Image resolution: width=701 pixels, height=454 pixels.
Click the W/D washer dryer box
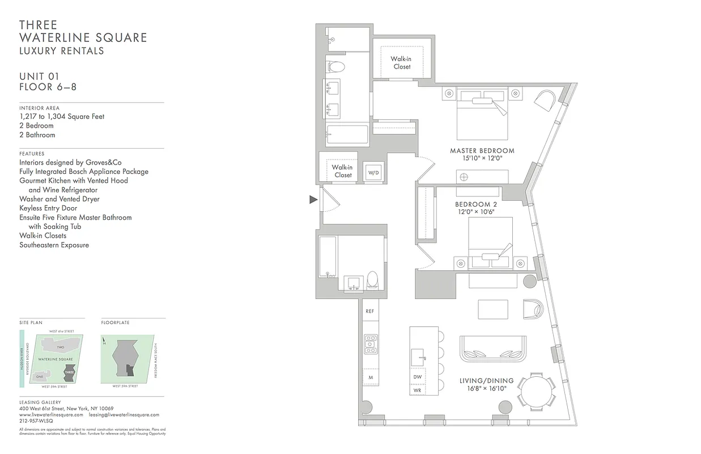(373, 172)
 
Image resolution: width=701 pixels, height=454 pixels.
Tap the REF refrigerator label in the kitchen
(369, 311)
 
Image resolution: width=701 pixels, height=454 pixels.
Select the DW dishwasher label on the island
(417, 376)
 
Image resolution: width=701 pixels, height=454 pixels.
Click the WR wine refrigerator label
(417, 390)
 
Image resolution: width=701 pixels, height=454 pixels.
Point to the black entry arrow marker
(313, 199)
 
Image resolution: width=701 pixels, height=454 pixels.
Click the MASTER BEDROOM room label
(482, 151)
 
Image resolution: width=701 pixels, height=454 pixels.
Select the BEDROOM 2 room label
(476, 204)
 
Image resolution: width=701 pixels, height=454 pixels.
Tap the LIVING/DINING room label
(487, 381)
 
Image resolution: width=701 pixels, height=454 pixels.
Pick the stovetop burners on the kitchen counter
(371, 344)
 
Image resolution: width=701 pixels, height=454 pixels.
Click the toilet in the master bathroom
(337, 66)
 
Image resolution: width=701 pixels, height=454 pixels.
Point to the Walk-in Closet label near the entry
(342, 171)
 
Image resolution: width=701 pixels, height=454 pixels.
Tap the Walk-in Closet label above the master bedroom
(402, 62)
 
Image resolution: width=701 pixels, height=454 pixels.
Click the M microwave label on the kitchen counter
(370, 377)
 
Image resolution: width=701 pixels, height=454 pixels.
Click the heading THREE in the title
(38, 25)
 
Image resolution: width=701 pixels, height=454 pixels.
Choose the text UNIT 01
(39, 77)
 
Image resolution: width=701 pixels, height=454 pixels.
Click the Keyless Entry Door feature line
(48, 208)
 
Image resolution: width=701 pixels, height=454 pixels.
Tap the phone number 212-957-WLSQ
(36, 421)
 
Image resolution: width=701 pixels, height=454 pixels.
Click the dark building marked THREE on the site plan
(69, 374)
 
